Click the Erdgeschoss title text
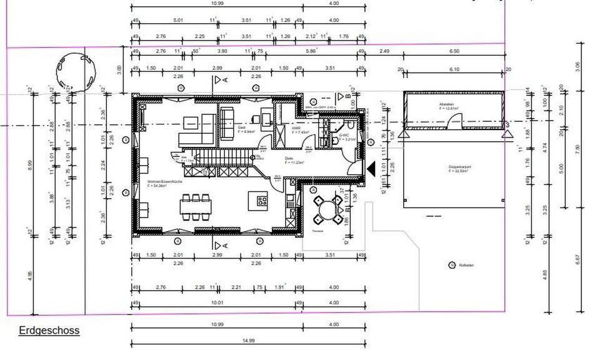click(49, 330)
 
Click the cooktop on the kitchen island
click(261, 201)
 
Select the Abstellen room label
click(446, 104)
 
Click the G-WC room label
click(344, 135)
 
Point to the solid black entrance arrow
click(371, 167)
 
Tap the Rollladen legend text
click(467, 266)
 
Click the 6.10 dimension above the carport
click(454, 69)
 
